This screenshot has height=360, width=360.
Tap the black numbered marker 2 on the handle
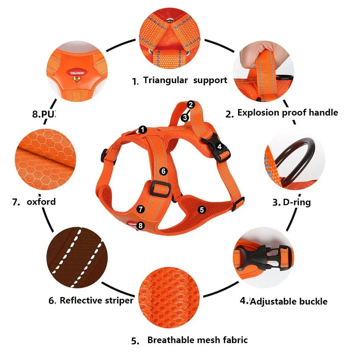tap(191, 104)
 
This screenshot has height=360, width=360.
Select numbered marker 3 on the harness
tap(185, 117)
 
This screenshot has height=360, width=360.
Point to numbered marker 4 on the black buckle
tap(220, 147)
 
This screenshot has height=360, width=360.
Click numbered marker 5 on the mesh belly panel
tap(202, 209)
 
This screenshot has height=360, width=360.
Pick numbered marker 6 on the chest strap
tap(163, 171)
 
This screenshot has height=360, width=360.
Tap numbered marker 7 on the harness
tap(141, 209)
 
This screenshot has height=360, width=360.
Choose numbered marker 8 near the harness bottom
tap(141, 226)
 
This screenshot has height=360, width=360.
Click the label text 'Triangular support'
tap(185, 80)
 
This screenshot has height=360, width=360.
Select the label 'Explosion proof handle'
tap(287, 113)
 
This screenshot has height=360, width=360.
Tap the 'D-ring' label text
tap(297, 202)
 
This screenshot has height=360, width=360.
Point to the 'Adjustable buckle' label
tap(288, 301)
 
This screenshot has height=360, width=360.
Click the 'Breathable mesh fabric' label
tap(197, 340)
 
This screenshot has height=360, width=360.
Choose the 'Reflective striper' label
tap(96, 300)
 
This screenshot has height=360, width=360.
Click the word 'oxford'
tap(41, 201)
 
